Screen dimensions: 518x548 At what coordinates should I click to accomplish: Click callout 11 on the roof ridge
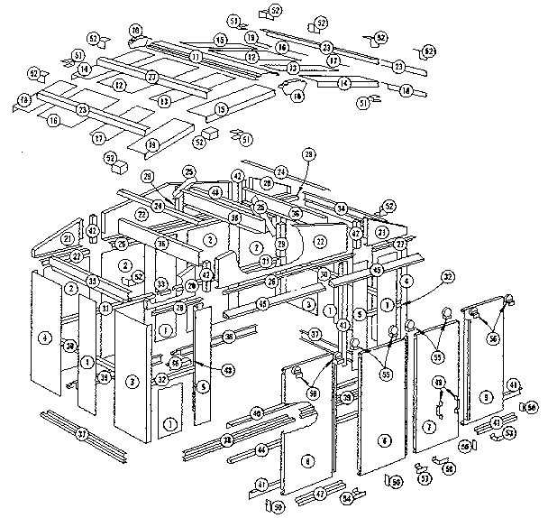coord(195,58)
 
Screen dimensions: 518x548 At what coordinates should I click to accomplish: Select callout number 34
coord(342,208)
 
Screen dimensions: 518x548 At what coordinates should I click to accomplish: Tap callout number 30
coord(324,275)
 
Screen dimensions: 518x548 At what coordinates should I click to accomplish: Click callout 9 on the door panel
coord(485,395)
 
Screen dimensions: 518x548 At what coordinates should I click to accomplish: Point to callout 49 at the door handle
coord(440,384)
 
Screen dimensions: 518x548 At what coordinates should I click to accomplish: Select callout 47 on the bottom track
coord(319,495)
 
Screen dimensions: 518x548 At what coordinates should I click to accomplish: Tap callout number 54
coord(345,498)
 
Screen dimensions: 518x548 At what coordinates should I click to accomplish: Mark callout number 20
coord(190,286)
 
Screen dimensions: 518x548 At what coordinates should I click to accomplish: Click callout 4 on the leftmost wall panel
coord(43,338)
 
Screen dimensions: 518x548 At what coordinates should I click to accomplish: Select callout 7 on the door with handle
coord(430,425)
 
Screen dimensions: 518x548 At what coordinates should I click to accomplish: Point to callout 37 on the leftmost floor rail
coord(82,435)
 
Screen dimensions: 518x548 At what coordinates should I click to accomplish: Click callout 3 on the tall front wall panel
coord(132,383)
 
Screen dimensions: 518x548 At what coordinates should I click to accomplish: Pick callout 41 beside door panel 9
coord(513,384)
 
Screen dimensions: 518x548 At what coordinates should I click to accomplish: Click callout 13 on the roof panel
coord(165,101)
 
